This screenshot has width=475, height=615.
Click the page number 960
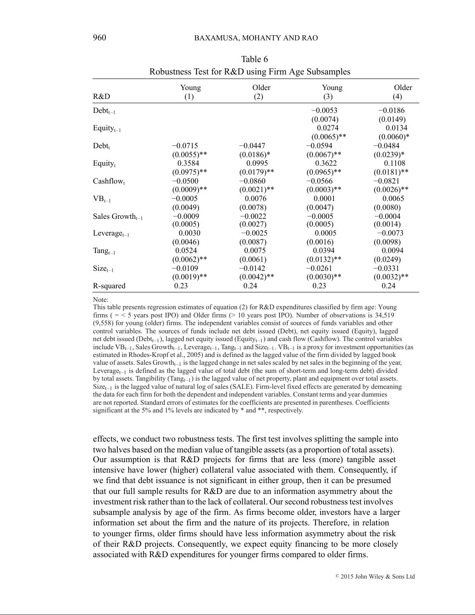tap(99, 38)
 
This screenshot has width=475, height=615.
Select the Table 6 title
tap(254, 59)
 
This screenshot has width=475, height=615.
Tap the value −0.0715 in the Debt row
tap(185, 146)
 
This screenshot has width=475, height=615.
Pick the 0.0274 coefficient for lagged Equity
tap(327, 128)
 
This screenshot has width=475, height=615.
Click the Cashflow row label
tap(109, 182)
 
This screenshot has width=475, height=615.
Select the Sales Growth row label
tap(117, 217)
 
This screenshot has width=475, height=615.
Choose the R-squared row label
tap(109, 286)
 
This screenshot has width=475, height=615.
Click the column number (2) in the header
tap(258, 97)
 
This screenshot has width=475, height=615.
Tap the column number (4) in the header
tap(397, 97)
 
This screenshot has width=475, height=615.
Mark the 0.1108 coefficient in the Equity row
tap(394, 163)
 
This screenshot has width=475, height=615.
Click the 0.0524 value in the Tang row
tap(186, 251)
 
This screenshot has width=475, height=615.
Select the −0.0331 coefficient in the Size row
tap(386, 269)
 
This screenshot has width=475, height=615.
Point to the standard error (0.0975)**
tap(189, 172)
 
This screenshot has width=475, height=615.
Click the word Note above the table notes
tap(100, 300)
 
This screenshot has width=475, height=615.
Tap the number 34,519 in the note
tap(384, 315)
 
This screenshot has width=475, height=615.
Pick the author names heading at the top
tap(256, 38)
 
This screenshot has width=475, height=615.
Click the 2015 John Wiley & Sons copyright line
tap(375, 577)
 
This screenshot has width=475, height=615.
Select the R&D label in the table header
tap(101, 97)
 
